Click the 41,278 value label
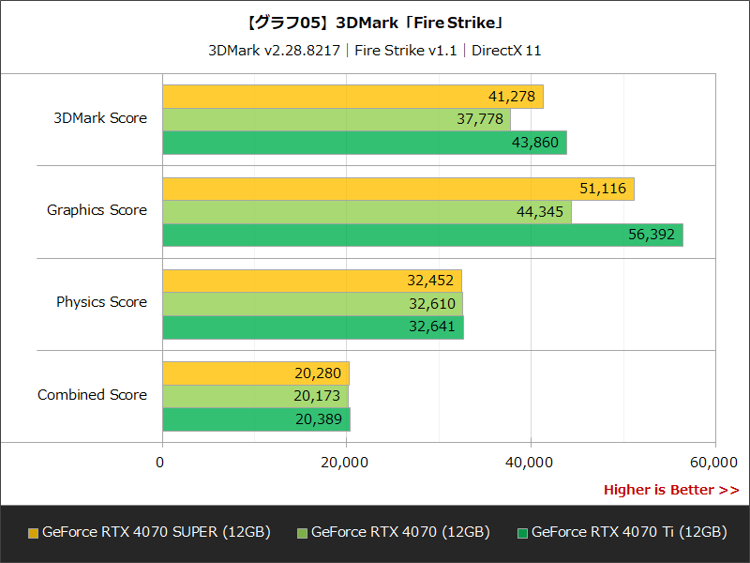(511, 97)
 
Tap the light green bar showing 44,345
(367, 212)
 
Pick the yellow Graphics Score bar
(397, 189)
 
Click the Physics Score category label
(101, 302)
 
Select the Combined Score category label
(92, 395)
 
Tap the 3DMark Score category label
(100, 118)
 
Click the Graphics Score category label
(97, 210)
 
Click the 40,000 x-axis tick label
(531, 462)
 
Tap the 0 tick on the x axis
(160, 462)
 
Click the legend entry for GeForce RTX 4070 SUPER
(156, 532)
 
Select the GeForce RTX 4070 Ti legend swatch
(522, 533)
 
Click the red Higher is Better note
(670, 490)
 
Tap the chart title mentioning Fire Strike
(375, 22)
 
